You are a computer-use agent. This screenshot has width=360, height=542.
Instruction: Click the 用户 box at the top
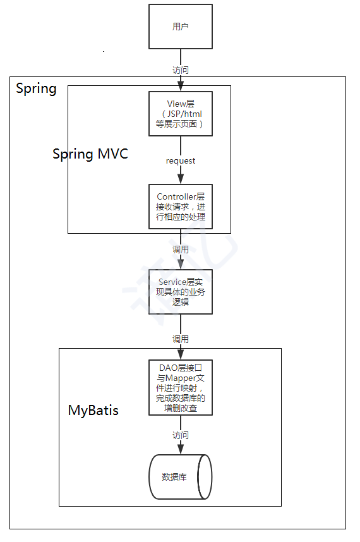pyautogui.click(x=180, y=27)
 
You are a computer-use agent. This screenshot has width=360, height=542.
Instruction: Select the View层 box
pyautogui.click(x=180, y=114)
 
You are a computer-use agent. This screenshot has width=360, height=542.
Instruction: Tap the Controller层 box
pyautogui.click(x=180, y=207)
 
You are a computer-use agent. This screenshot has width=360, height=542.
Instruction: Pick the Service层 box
pyautogui.click(x=180, y=291)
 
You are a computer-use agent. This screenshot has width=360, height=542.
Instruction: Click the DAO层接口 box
pyautogui.click(x=180, y=388)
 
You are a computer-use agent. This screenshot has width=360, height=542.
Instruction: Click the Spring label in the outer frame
pyautogui.click(x=36, y=88)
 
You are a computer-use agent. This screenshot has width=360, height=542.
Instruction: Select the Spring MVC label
pyautogui.click(x=90, y=154)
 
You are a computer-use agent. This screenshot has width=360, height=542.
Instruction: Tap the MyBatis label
pyautogui.click(x=93, y=411)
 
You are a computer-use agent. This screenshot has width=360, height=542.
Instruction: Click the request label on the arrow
pyautogui.click(x=180, y=160)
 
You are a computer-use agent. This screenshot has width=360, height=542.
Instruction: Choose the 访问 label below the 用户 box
pyautogui.click(x=180, y=69)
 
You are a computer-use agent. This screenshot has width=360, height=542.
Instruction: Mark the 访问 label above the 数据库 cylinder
pyautogui.click(x=180, y=435)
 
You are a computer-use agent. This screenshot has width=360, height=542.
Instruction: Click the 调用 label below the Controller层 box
pyautogui.click(x=180, y=250)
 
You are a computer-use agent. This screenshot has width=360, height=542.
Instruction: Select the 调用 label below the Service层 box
pyautogui.click(x=180, y=339)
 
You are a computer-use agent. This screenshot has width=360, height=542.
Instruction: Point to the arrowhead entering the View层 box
pyautogui.click(x=180, y=87)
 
